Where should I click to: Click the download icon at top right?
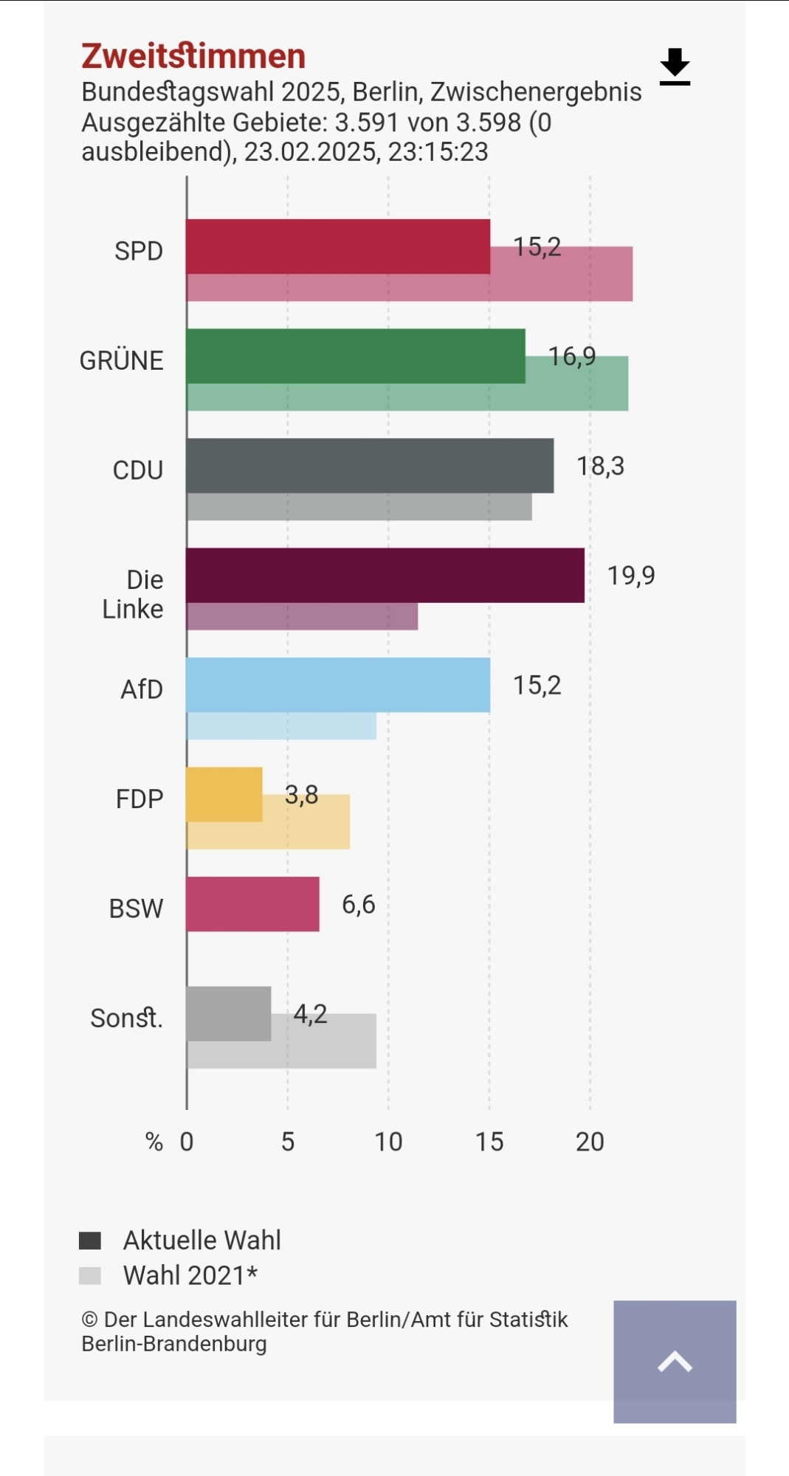[675, 66]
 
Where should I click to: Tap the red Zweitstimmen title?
[193, 56]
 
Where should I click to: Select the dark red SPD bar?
[337, 246]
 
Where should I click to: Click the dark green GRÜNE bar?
[355, 356]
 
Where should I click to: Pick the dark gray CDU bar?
[369, 466]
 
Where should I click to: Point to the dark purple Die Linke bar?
[385, 575]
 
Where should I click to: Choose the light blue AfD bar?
[337, 685]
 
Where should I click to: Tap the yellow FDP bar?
[224, 794]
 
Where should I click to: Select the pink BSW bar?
[252, 904]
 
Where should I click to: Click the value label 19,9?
[631, 576]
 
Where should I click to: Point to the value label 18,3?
[600, 466]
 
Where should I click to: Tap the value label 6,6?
[358, 905]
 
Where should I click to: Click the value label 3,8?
[301, 795]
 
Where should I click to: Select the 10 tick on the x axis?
[388, 1142]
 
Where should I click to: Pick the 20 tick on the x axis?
[590, 1142]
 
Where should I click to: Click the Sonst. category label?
[126, 1018]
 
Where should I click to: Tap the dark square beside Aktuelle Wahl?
[90, 1241]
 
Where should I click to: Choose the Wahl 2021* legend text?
[190, 1275]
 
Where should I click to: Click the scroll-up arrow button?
[675, 1362]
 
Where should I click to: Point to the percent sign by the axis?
[154, 1142]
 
